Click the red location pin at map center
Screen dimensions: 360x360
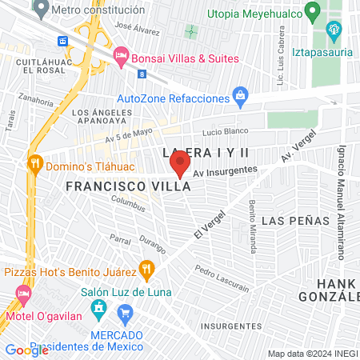pyautogui.click(x=180, y=165)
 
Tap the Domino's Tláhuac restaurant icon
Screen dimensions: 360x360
pyautogui.click(x=34, y=163)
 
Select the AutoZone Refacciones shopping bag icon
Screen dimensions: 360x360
pyautogui.click(x=240, y=98)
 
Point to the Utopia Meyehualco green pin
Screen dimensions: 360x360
pyautogui.click(x=313, y=13)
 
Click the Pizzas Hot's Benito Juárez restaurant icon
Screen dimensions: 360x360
pyautogui.click(x=146, y=268)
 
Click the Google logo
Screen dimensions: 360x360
pyautogui.click(x=26, y=350)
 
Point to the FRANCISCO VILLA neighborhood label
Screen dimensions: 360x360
pyautogui.click(x=128, y=186)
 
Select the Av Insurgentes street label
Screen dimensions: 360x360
pyautogui.click(x=225, y=170)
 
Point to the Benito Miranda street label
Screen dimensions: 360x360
pyautogui.click(x=251, y=226)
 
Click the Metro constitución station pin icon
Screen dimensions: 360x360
pyautogui.click(x=40, y=10)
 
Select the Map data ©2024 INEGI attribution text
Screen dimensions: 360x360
pyautogui.click(x=311, y=353)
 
